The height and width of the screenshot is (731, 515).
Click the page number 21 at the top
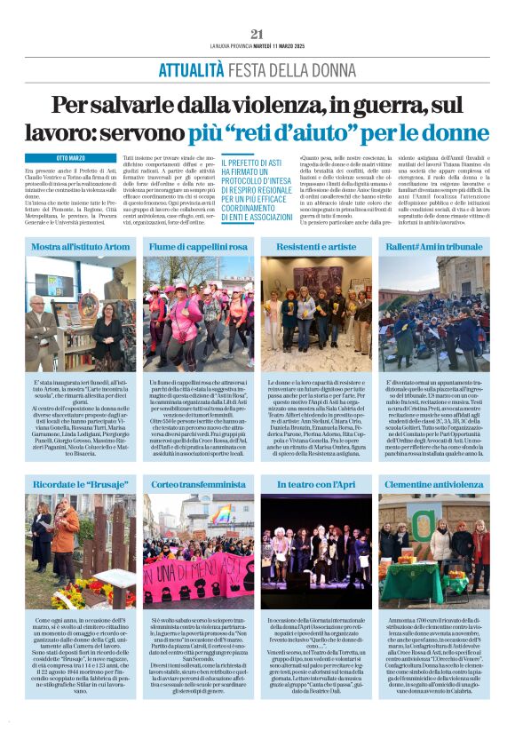tap(257, 34)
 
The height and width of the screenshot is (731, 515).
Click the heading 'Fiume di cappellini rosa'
tap(198, 245)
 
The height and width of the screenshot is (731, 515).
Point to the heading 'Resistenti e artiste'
tap(315, 245)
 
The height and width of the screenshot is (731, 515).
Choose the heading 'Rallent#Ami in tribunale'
tap(433, 245)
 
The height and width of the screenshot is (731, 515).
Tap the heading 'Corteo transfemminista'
tap(198, 485)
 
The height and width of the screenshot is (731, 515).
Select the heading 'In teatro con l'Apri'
tap(315, 485)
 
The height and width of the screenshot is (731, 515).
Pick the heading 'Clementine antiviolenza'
tap(433, 485)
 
